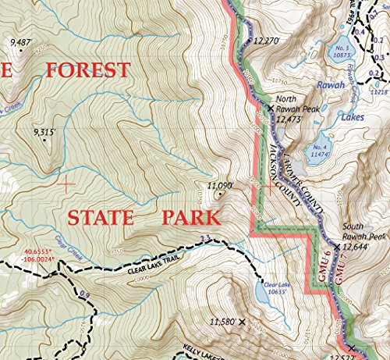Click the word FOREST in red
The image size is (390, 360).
(87, 70)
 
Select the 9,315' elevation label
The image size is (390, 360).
(44, 134)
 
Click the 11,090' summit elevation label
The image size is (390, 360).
(221, 185)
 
